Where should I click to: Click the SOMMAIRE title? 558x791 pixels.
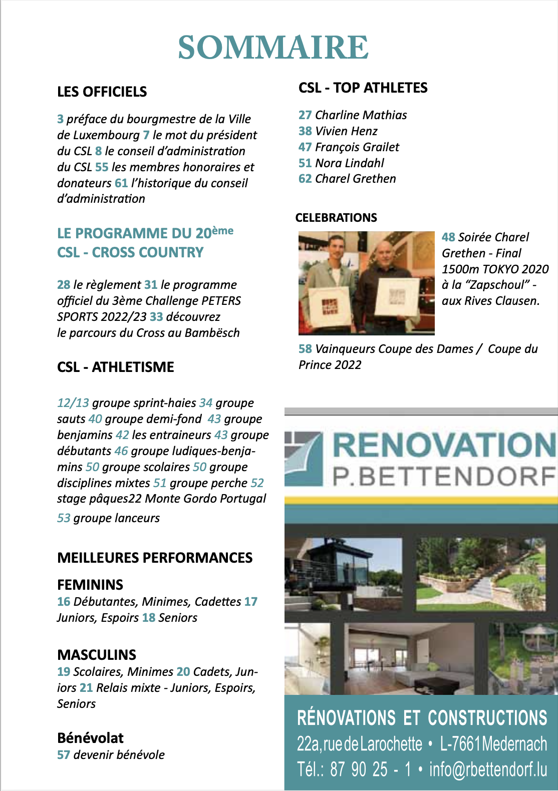click(x=273, y=48)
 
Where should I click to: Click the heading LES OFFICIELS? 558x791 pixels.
click(x=102, y=92)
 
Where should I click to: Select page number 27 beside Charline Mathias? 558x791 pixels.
click(x=305, y=115)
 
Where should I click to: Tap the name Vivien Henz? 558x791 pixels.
click(x=346, y=131)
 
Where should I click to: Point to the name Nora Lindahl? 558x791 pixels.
click(x=350, y=163)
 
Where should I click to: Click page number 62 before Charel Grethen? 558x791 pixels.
click(x=305, y=179)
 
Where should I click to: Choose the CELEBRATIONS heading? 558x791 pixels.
click(x=336, y=218)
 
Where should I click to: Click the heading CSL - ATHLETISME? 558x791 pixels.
click(x=116, y=367)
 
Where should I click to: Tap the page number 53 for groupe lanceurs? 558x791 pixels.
click(x=64, y=518)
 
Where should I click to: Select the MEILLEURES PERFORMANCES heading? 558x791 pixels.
click(x=155, y=558)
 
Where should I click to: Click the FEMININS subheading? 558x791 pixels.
click(x=90, y=585)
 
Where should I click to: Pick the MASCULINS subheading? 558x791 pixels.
click(x=97, y=655)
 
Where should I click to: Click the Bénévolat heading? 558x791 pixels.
click(x=90, y=738)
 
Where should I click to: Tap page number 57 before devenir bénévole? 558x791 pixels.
click(x=64, y=755)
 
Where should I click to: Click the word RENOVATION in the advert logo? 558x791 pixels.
click(x=444, y=446)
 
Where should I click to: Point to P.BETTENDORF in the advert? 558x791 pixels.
click(x=444, y=477)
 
